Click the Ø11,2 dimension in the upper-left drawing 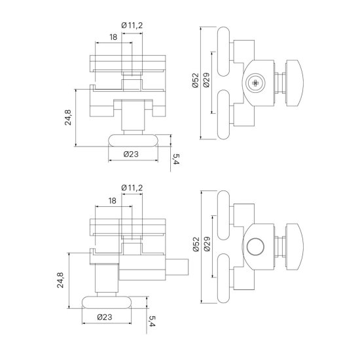pyautogui.click(x=132, y=25)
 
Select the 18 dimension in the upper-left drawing pyautogui.click(x=113, y=37)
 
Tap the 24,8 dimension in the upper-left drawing pyautogui.click(x=68, y=117)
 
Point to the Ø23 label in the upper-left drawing pyautogui.click(x=131, y=154)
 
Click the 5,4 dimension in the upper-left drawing pyautogui.click(x=176, y=159)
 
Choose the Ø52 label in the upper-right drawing pyautogui.click(x=196, y=81)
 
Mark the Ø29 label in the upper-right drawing pyautogui.click(x=206, y=80)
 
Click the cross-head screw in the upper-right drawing pyautogui.click(x=255, y=82)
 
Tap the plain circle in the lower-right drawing pyautogui.click(x=255, y=246)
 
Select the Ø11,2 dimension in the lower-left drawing pyautogui.click(x=132, y=188)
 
